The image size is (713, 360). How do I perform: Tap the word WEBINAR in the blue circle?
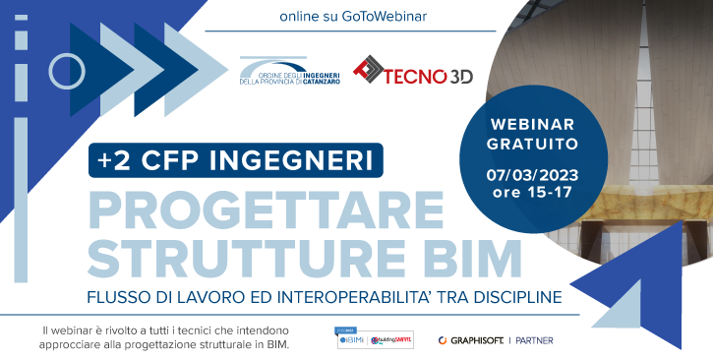click(x=532, y=125)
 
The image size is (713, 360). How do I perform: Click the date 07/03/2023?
click(x=532, y=174)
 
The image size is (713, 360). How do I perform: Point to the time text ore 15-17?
click(x=532, y=192)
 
